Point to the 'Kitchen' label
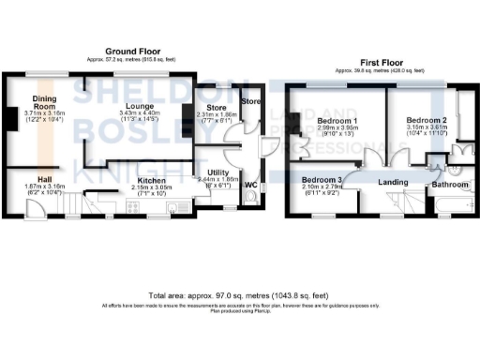click(152, 180)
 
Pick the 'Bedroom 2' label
click(427, 121)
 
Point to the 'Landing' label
click(393, 182)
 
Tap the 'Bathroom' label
click(449, 186)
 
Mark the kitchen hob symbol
click(177, 206)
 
